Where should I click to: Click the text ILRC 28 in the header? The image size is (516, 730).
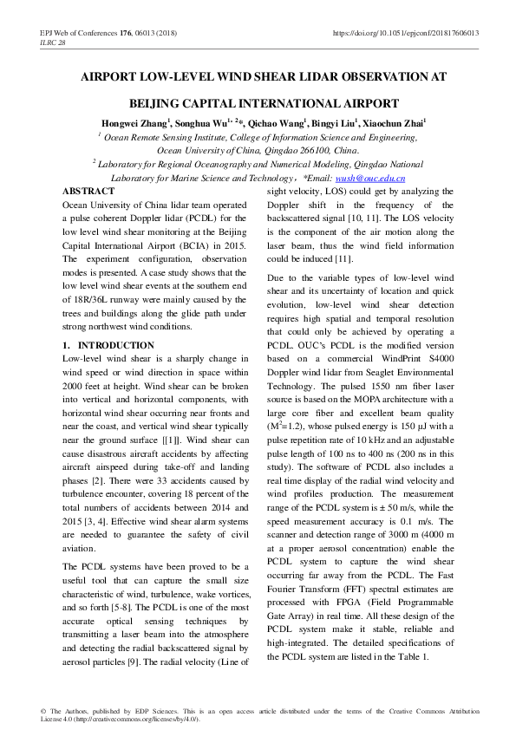53,42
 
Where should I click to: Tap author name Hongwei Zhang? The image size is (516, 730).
135,124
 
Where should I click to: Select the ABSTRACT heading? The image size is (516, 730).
88,191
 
